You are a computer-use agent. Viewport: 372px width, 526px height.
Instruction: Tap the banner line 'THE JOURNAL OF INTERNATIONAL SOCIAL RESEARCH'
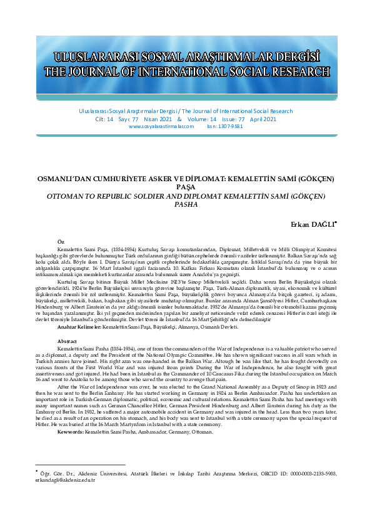[186, 72]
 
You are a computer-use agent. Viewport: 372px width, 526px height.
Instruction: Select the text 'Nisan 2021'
[152, 119]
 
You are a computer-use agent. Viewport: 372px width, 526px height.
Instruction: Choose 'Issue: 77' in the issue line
[231, 119]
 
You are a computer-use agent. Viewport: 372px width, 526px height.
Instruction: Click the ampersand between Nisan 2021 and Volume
[179, 119]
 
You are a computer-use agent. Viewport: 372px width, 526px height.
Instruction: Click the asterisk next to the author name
[336, 221]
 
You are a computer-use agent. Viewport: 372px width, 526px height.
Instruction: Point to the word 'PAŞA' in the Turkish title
[186, 187]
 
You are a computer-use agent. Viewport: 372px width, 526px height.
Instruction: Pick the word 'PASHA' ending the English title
[186, 204]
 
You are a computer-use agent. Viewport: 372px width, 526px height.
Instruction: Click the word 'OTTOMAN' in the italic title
[67, 196]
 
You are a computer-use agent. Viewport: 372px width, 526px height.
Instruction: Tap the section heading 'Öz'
[60, 241]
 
